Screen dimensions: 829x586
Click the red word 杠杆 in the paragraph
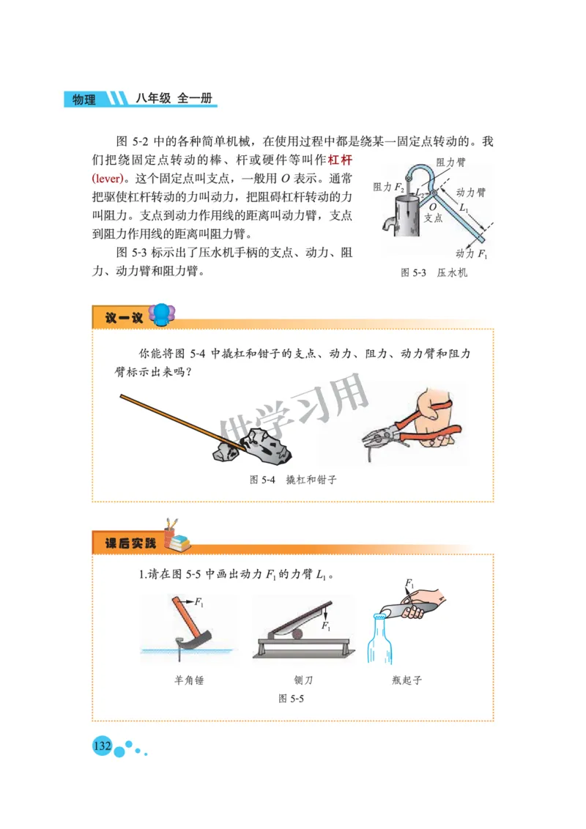coord(340,160)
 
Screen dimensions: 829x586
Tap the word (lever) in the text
coord(111,179)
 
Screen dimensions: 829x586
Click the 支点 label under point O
coord(434,218)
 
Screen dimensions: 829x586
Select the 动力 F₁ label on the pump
coord(471,254)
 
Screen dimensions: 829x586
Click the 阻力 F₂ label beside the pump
coord(388,187)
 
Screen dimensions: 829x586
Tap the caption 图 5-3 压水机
coord(434,272)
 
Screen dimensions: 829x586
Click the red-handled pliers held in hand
coord(410,434)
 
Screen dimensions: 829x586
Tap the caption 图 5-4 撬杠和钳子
coord(292,480)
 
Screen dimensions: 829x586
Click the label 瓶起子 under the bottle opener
coord(407,680)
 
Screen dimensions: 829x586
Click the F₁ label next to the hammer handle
coord(199,601)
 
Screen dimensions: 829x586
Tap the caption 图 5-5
coord(291,699)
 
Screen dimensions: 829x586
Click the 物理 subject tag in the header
coord(84,100)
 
